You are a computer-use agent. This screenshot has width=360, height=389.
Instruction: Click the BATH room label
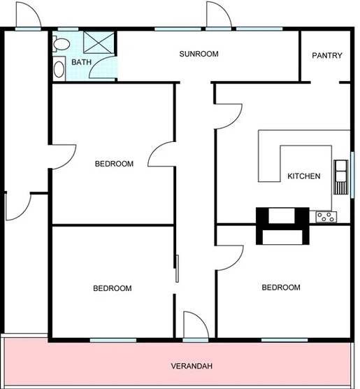point(81,62)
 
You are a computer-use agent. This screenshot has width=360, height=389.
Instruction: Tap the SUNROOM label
point(199,54)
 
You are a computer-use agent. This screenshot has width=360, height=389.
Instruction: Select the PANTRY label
point(326,55)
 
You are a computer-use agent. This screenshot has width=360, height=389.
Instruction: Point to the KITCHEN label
point(303,176)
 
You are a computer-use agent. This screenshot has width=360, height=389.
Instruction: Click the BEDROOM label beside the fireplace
point(280,288)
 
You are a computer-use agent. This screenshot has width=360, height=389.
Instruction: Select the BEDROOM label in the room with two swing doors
point(113,164)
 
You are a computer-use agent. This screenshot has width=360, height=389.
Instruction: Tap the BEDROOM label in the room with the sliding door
point(112,288)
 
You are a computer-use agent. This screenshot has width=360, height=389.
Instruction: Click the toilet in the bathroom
point(61,43)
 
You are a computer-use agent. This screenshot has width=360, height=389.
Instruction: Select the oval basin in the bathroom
point(58,69)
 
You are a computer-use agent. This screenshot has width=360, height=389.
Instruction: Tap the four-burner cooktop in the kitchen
point(325,216)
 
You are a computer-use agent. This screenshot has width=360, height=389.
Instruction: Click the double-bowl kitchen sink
point(341,174)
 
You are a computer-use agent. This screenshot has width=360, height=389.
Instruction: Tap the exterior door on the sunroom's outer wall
point(217,15)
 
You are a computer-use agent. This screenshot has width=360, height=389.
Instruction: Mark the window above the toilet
point(66,29)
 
